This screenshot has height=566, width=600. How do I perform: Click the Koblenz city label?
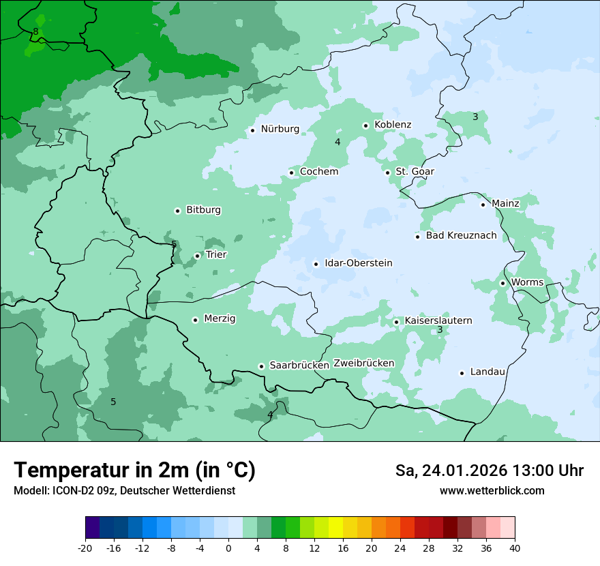pyautogui.click(x=393, y=125)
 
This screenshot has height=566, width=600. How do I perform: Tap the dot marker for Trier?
pyautogui.click(x=198, y=256)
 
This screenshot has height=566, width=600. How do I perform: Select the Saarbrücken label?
pyautogui.click(x=299, y=366)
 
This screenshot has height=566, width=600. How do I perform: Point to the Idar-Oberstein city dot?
pyautogui.click(x=316, y=264)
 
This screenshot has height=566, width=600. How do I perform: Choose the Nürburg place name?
pyautogui.click(x=280, y=129)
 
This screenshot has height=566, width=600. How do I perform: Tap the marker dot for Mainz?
pyautogui.click(x=483, y=205)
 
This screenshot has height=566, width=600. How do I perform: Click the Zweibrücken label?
pyautogui.click(x=363, y=363)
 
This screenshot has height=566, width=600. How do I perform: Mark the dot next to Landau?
pyautogui.click(x=462, y=372)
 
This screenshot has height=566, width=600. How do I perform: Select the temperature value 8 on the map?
pyautogui.click(x=35, y=31)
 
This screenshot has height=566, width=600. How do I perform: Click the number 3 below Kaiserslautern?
pyautogui.click(x=440, y=330)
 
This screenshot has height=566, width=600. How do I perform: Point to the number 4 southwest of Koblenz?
pyautogui.click(x=337, y=142)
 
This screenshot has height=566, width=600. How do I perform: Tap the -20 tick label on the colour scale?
pyautogui.click(x=85, y=548)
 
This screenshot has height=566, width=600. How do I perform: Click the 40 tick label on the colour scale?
pyautogui.click(x=515, y=548)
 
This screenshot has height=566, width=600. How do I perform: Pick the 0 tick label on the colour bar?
pyautogui.click(x=228, y=548)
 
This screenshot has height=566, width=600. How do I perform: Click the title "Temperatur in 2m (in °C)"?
pyautogui.click(x=134, y=471)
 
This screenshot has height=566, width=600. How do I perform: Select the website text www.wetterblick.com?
pyautogui.click(x=492, y=491)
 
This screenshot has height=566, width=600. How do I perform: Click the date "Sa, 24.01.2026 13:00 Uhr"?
pyautogui.click(x=489, y=471)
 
